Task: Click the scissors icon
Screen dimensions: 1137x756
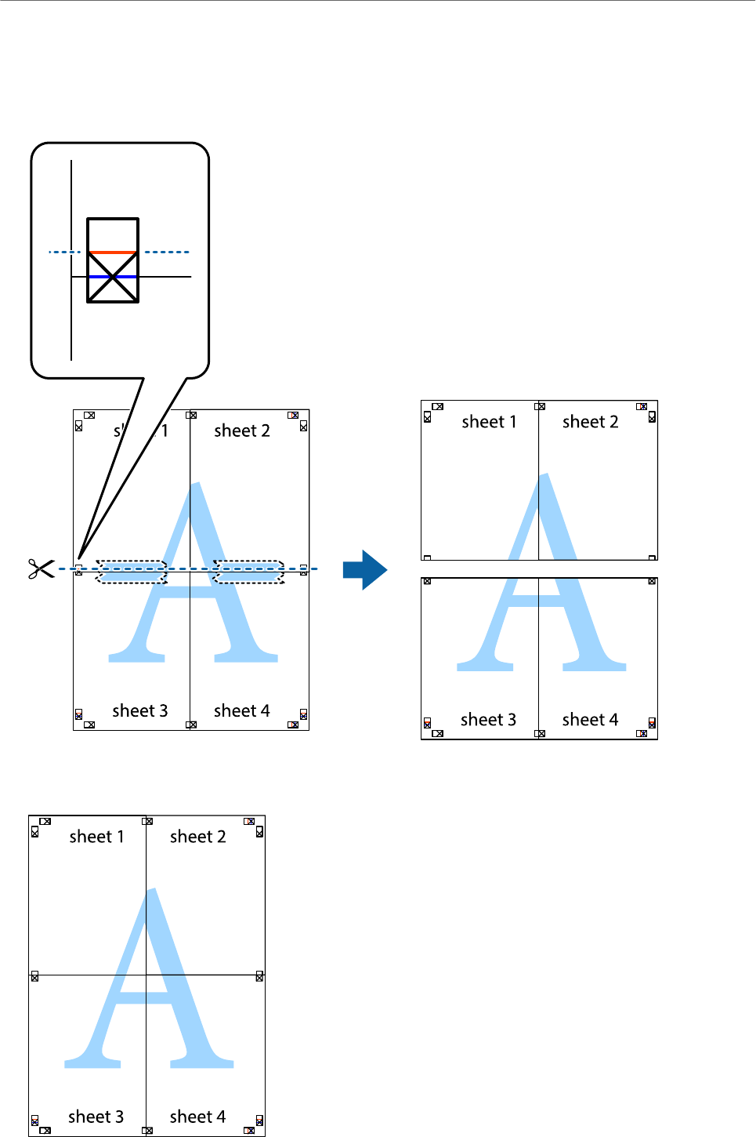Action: (41, 568)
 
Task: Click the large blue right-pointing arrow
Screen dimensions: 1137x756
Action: (365, 569)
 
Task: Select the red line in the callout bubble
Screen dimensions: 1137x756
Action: (113, 252)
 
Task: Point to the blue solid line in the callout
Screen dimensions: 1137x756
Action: (113, 277)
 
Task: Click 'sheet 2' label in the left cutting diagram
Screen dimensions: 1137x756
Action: (241, 430)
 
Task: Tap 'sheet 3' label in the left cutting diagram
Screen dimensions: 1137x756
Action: (139, 710)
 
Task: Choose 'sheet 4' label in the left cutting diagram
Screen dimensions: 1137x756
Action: (241, 710)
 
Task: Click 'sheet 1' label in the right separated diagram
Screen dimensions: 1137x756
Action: (489, 422)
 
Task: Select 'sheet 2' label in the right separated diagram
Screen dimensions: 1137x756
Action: (590, 422)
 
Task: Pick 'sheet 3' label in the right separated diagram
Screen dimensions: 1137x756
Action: (488, 720)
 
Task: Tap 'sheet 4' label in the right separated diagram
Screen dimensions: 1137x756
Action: (590, 720)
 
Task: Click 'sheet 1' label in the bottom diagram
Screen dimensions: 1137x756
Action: (96, 837)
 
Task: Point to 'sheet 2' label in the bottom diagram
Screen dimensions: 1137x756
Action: (197, 837)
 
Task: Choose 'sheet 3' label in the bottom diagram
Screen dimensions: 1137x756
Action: (96, 1117)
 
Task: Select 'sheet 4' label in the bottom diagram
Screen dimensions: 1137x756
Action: (197, 1117)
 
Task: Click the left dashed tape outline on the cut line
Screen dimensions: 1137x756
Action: (132, 572)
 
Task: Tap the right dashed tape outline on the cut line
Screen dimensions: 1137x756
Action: (249, 572)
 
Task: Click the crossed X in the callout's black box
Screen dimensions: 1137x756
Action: (113, 277)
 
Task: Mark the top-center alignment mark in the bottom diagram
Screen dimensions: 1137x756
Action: (146, 821)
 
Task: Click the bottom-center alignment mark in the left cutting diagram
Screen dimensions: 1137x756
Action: (190, 725)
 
